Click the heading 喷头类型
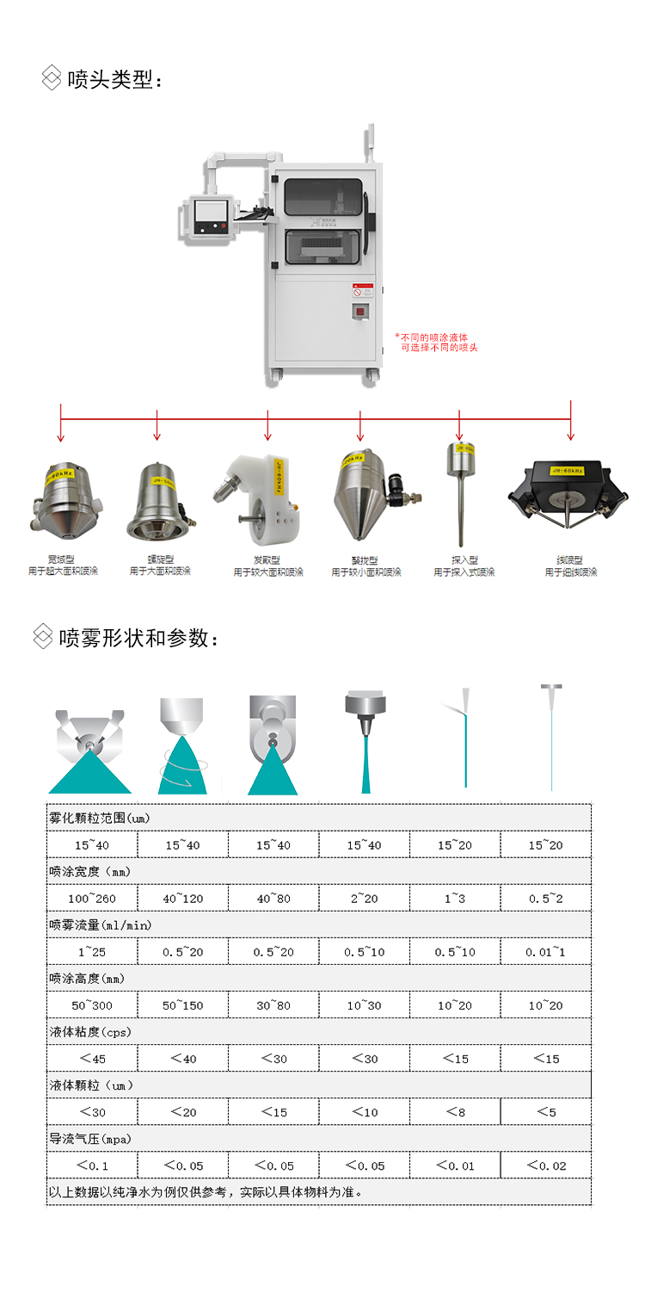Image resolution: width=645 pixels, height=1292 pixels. coord(114,79)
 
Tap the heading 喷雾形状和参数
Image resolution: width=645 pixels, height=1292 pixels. coord(138,638)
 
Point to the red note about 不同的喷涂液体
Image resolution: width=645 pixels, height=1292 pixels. coord(436,342)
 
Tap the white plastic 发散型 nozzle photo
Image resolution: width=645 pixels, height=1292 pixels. coord(261,491)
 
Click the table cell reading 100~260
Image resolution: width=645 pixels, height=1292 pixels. coord(92,899)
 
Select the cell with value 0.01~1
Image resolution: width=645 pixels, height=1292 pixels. coord(546,952)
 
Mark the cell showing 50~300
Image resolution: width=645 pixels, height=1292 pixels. coord(92,1005)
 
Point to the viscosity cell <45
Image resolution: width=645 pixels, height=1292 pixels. coord(92,1059)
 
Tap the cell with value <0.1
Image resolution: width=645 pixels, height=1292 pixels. coord(92,1165)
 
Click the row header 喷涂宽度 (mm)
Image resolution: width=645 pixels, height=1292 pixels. coord(90,871)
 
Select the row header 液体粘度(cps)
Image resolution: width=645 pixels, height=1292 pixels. coord(90,1031)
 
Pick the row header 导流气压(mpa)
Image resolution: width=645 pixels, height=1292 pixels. coord(90,1139)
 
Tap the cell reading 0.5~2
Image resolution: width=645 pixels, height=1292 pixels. coord(546,899)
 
